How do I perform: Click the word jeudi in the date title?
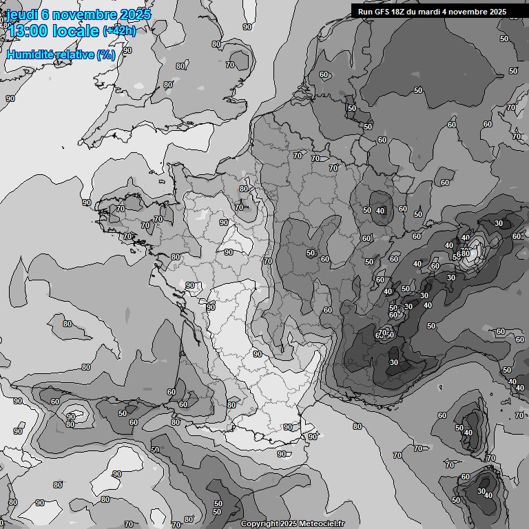pos(21,14)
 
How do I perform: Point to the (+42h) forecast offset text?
pos(118,30)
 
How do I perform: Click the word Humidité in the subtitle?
pos(29,54)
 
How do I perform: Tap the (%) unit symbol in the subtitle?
pos(106,54)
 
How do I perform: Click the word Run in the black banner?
pos(365,12)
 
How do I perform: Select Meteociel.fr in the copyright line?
pos(322,524)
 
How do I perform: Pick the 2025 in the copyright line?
pos(289,524)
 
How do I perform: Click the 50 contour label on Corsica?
pos(459,428)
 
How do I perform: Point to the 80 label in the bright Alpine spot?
pos(465,253)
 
